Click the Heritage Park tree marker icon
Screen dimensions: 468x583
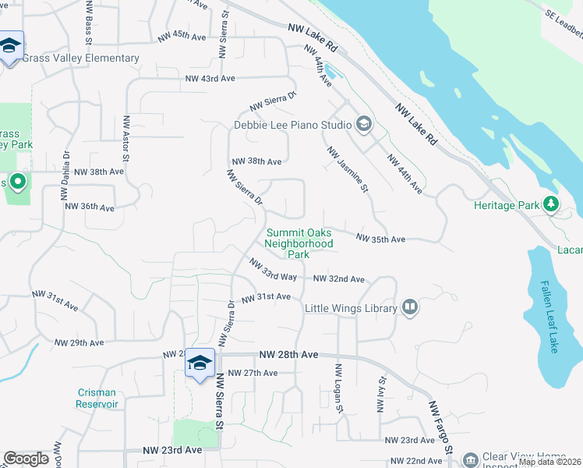click(552, 204)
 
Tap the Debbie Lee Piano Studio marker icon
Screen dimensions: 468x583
click(363, 124)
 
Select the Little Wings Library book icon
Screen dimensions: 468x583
click(410, 308)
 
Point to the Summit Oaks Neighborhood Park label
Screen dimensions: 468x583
click(299, 243)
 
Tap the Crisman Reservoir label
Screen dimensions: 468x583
click(97, 399)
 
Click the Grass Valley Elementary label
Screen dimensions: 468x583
click(80, 58)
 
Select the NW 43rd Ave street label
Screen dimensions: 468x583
click(210, 79)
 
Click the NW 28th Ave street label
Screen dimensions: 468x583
click(289, 355)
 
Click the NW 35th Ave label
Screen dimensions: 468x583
click(381, 239)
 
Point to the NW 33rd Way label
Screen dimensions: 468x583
click(274, 271)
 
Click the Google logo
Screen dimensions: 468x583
click(26, 459)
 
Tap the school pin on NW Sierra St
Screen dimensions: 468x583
click(200, 363)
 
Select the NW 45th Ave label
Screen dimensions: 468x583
click(182, 37)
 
